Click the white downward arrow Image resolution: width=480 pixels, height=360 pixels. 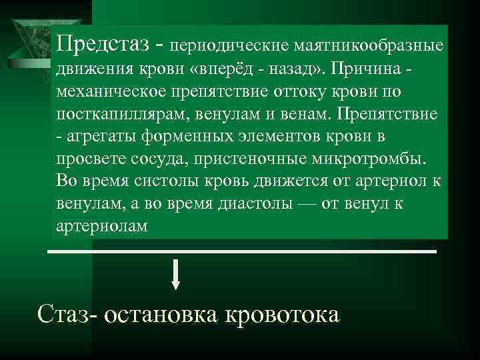pos(176,274)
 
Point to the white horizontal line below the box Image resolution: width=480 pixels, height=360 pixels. pos(243,251)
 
